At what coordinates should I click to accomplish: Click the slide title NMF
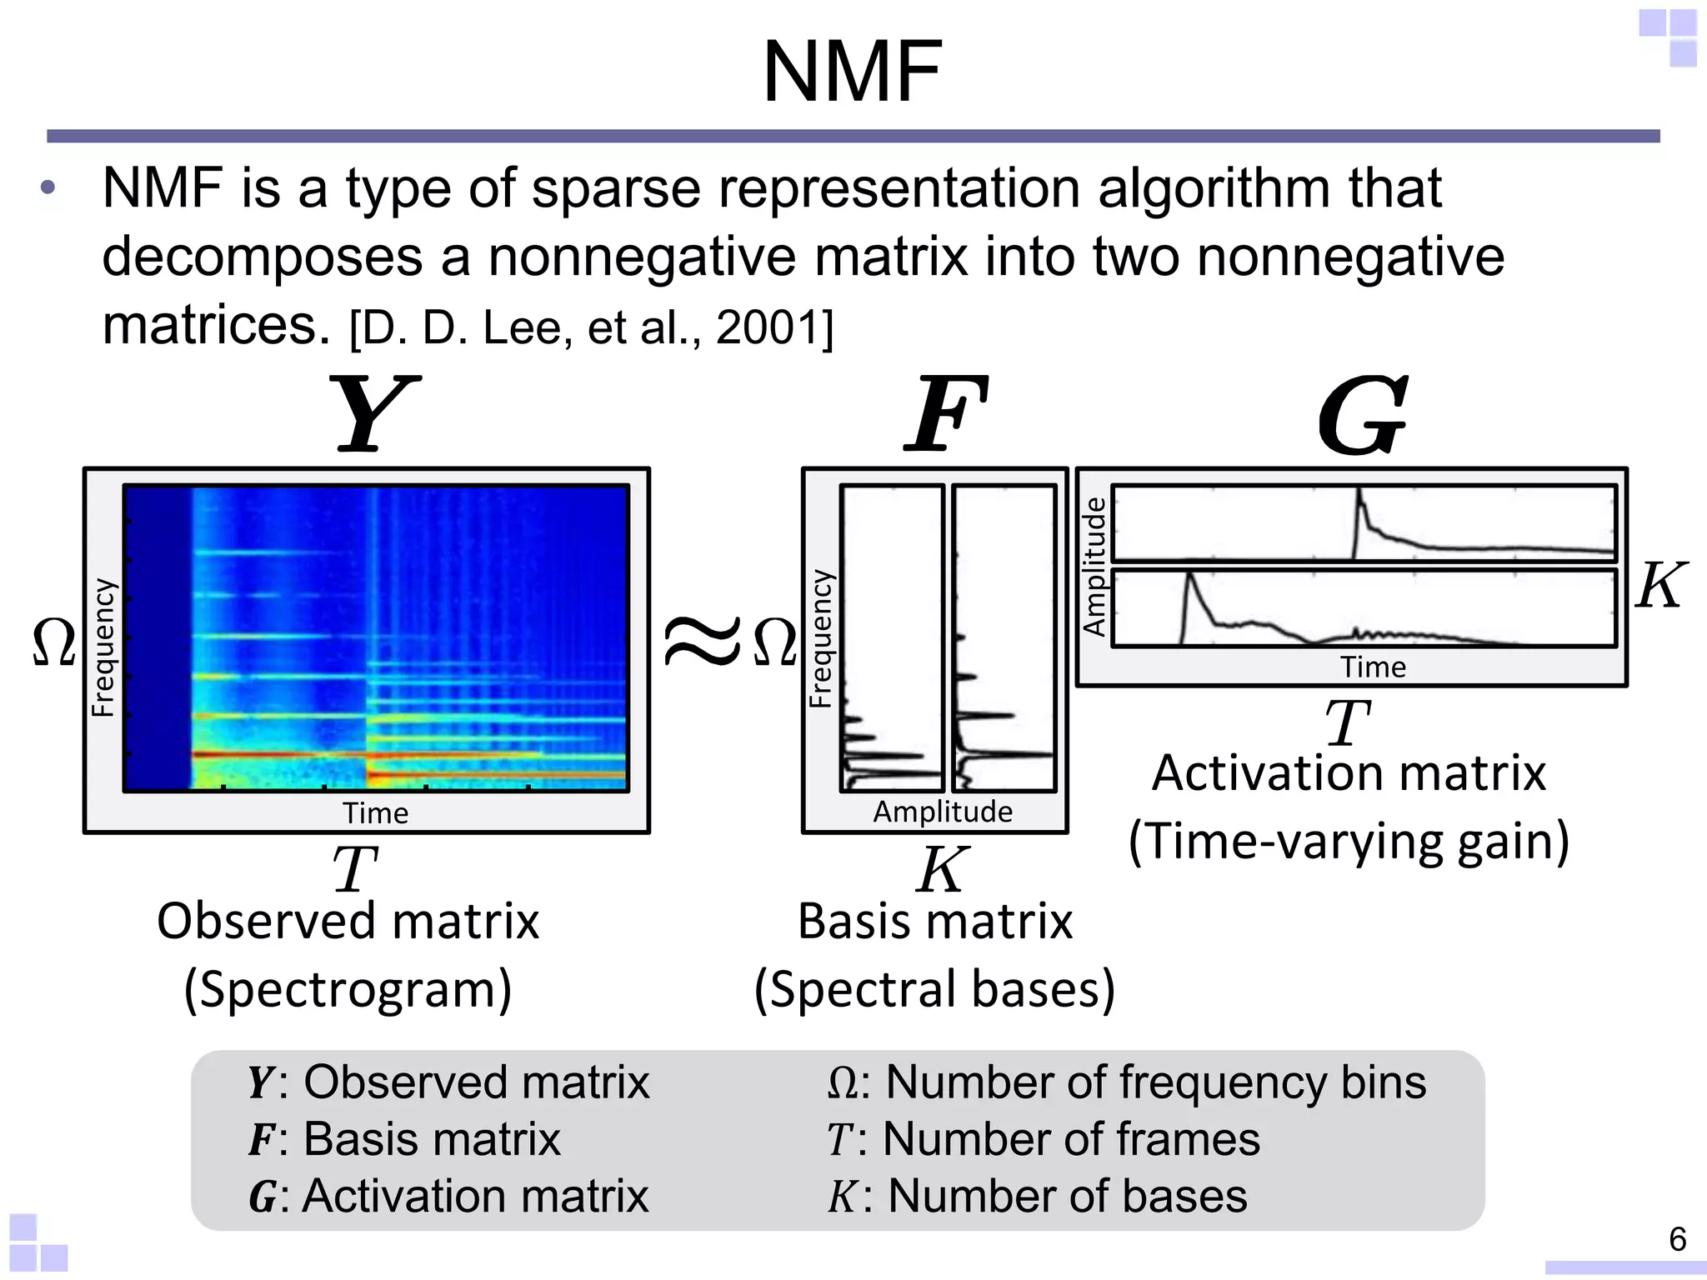(x=853, y=72)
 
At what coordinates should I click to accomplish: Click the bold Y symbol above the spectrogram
(x=373, y=414)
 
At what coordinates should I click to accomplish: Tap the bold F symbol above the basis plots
(x=946, y=414)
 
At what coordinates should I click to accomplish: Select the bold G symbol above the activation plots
(x=1362, y=414)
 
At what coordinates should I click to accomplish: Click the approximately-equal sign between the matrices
(x=702, y=642)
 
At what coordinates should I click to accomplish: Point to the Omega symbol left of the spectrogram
(x=54, y=642)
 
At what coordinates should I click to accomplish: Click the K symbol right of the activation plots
(x=1659, y=586)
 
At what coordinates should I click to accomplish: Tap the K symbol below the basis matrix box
(x=942, y=869)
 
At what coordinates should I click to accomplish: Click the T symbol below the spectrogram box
(x=355, y=869)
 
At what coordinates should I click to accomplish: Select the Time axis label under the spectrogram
(x=375, y=812)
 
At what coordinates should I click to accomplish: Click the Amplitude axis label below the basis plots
(x=943, y=811)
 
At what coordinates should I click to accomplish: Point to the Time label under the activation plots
(x=1373, y=667)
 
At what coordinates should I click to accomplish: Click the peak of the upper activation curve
(x=1359, y=491)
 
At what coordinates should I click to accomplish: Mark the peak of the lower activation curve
(x=1189, y=574)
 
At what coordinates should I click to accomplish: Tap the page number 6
(x=1678, y=1239)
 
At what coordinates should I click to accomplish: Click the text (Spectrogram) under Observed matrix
(x=348, y=989)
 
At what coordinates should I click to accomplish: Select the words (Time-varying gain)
(x=1349, y=841)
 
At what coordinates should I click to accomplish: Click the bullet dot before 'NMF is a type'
(x=48, y=188)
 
